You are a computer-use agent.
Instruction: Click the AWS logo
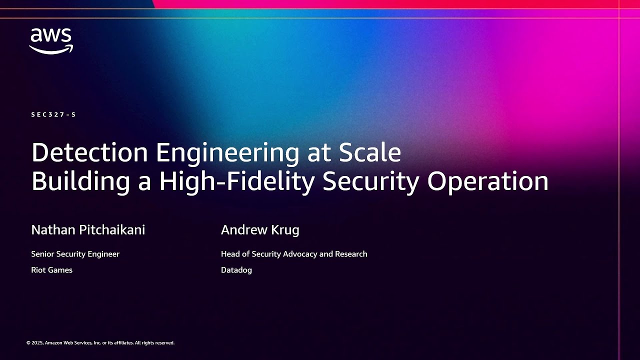(51, 40)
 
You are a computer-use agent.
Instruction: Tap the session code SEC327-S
(53, 114)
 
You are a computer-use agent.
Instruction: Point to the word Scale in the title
(370, 152)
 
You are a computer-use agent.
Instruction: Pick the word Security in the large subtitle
(370, 181)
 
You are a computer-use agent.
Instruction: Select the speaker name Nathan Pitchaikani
(88, 230)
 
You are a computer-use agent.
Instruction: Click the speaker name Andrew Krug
(260, 230)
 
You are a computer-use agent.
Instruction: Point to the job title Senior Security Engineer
(75, 254)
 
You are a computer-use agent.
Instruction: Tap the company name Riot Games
(51, 270)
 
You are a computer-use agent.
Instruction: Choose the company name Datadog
(236, 270)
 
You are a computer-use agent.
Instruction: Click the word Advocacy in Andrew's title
(300, 254)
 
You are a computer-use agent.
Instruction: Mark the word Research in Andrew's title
(350, 254)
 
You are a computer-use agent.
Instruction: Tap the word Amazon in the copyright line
(54, 343)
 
